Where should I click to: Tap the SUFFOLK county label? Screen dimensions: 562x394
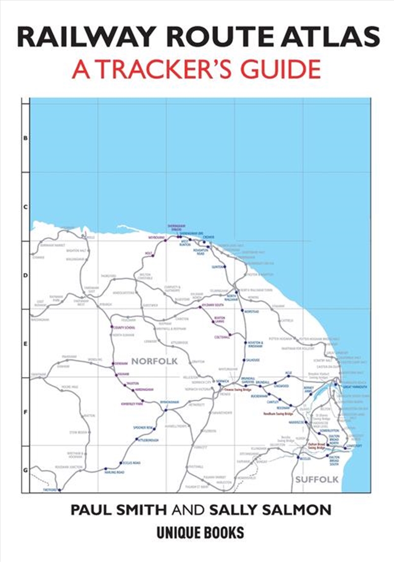pos(316,479)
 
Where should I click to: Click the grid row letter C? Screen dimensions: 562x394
pos(26,207)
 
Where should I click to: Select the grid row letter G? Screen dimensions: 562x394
pos(26,470)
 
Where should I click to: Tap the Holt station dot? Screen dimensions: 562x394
pos(153,256)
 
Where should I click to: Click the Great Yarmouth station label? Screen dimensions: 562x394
pos(355,387)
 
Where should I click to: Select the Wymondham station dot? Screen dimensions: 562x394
pos(166,409)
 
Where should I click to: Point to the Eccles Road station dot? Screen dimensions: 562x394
pos(120,463)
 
